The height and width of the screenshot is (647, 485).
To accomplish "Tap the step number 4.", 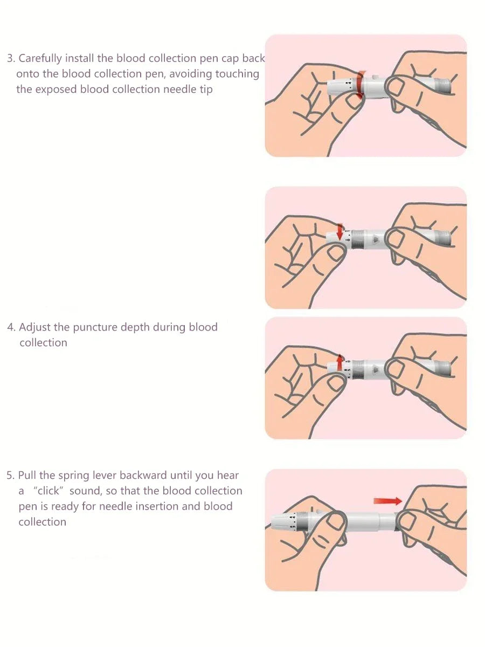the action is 11,327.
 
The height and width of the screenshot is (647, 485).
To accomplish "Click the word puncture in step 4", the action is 95,328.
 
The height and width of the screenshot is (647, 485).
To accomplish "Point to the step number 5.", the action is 10,476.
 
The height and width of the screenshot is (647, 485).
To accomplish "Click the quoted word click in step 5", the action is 48,491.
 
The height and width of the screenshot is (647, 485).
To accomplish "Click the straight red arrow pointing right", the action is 387,501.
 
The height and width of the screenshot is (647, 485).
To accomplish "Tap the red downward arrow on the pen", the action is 340,232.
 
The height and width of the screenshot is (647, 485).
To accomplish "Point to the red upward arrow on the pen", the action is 340,362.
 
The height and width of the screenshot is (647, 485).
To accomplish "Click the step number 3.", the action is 11,58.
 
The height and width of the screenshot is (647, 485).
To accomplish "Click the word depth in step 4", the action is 135,328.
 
